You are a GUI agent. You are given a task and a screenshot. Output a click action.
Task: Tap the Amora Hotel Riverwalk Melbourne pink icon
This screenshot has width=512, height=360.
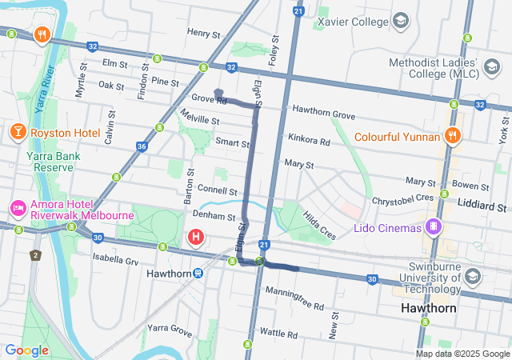tap(18, 209)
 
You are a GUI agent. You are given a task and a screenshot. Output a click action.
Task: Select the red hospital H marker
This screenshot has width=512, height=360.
tap(195, 237)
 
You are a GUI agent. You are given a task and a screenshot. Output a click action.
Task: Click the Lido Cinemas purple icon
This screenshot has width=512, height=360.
tap(433, 228)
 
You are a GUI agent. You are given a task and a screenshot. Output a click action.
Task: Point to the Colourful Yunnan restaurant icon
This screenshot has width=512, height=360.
tap(453, 136)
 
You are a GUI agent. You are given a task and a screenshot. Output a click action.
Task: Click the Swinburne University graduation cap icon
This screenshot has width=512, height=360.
tap(472, 277)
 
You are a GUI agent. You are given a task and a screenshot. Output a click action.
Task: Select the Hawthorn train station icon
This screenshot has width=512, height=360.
tap(198, 273)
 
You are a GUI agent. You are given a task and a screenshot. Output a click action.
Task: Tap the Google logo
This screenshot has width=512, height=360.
tap(26, 350)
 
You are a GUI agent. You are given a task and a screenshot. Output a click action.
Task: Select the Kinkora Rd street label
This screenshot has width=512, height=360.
tap(309, 141)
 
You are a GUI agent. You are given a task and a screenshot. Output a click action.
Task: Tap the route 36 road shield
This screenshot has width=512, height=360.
tap(142, 146)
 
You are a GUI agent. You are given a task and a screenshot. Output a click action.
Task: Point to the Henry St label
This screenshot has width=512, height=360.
tap(203, 34)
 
